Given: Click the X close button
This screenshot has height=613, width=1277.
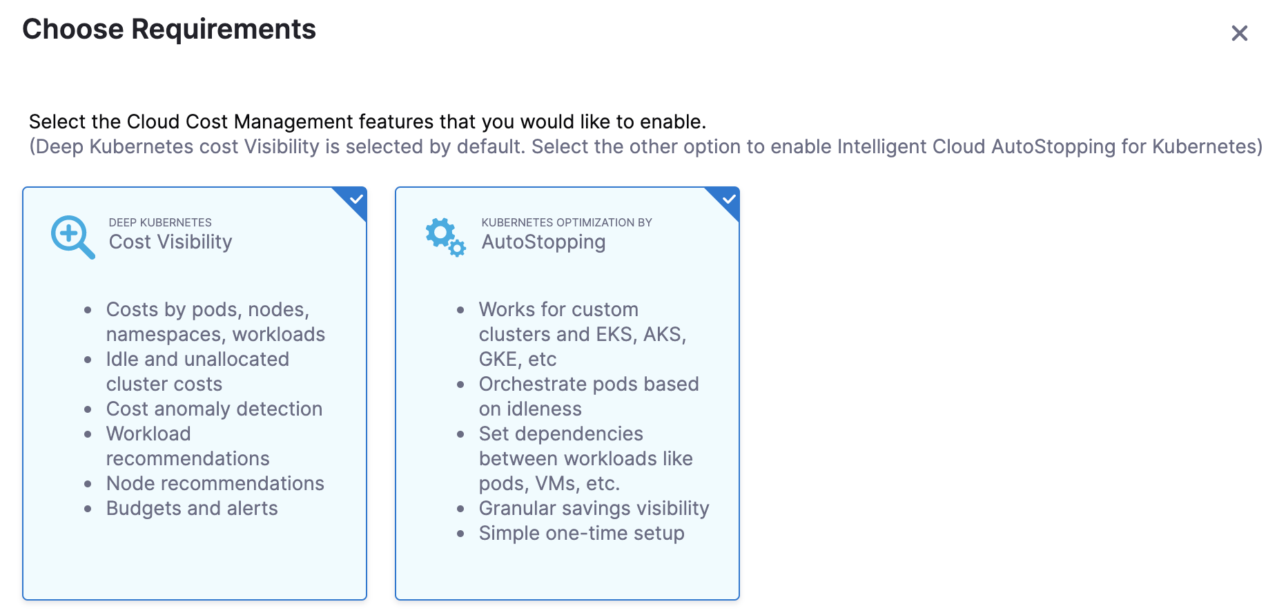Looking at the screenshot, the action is click(1239, 33).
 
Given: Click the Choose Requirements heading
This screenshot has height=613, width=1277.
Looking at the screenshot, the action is click(169, 30).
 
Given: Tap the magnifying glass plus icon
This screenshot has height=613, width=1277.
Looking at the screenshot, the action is click(72, 237).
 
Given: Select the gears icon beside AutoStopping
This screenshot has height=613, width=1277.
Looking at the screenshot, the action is click(445, 237).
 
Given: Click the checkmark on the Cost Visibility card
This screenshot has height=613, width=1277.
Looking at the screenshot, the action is click(356, 200).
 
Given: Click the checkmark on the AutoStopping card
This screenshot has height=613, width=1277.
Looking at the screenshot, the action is click(729, 200).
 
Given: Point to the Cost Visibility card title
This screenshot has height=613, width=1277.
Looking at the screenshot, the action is click(170, 242).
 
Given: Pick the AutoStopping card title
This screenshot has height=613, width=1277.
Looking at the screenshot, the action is click(543, 242).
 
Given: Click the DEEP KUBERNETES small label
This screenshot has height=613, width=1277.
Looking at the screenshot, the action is click(160, 222).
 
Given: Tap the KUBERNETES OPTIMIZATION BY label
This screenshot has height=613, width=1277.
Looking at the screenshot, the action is click(567, 222).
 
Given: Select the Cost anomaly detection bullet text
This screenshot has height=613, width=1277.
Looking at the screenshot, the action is click(214, 409).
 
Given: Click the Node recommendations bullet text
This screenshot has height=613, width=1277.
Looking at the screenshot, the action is click(215, 483).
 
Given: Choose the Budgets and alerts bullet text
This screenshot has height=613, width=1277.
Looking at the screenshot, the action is click(192, 508).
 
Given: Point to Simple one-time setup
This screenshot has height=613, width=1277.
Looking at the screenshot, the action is click(582, 533).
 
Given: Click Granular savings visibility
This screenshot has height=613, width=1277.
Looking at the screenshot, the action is click(594, 508).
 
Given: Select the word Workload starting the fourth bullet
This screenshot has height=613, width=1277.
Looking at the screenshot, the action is click(148, 434).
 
